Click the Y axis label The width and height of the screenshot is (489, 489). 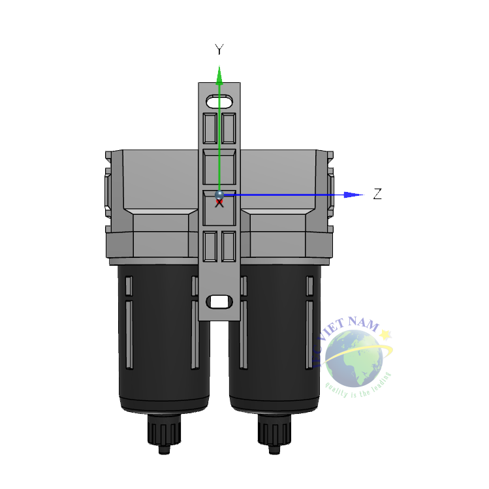[219, 50]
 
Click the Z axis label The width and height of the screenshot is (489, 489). [377, 194]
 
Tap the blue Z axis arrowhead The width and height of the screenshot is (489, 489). [353, 195]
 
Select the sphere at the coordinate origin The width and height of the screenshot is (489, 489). [219, 195]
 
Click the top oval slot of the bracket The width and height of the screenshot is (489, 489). [220, 101]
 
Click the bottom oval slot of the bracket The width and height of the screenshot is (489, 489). [220, 302]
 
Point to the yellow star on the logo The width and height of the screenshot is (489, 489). [386, 335]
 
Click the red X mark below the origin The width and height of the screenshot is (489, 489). [219, 204]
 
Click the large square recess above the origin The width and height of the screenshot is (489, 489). [219, 167]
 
